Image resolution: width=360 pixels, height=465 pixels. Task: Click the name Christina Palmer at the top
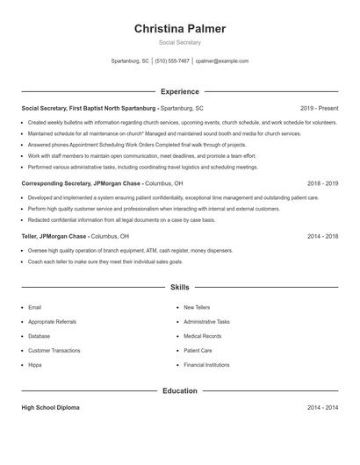(x=180, y=28)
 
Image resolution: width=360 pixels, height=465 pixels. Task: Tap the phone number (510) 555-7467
(x=172, y=61)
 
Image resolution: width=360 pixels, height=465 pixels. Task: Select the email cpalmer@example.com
(x=222, y=61)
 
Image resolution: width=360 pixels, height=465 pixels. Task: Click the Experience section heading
(x=180, y=91)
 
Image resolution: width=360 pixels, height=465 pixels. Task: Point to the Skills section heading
(x=180, y=287)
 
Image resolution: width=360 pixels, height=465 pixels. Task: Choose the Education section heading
(x=180, y=390)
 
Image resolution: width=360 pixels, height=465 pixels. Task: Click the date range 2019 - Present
(x=319, y=108)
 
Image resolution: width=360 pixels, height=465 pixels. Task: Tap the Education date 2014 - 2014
(x=323, y=408)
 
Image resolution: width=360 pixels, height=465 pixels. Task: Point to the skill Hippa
(x=35, y=363)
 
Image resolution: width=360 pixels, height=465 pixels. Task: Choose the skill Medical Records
(x=203, y=336)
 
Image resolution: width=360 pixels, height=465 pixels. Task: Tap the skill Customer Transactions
(x=54, y=350)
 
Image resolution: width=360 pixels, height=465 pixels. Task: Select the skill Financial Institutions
(x=206, y=363)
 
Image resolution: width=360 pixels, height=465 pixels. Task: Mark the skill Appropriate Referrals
(x=53, y=322)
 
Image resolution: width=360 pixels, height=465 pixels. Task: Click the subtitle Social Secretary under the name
(x=180, y=42)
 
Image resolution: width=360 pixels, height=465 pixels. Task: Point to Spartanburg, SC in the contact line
(x=130, y=61)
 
